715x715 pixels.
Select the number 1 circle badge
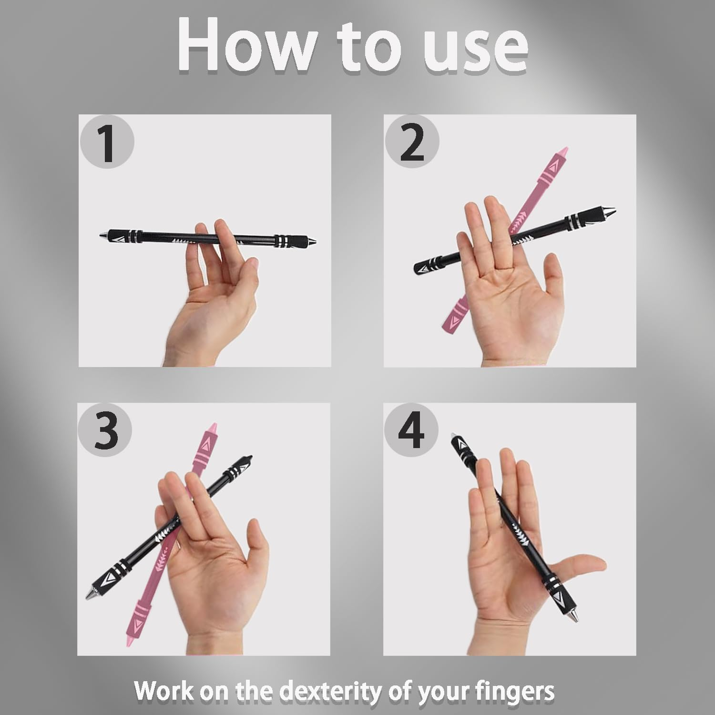(x=107, y=142)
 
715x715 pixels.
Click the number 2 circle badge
(x=412, y=142)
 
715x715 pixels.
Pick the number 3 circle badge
(x=105, y=430)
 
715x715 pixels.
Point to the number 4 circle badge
(x=411, y=430)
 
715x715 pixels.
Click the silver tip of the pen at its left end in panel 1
(x=103, y=235)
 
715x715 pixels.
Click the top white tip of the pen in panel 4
(x=454, y=435)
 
